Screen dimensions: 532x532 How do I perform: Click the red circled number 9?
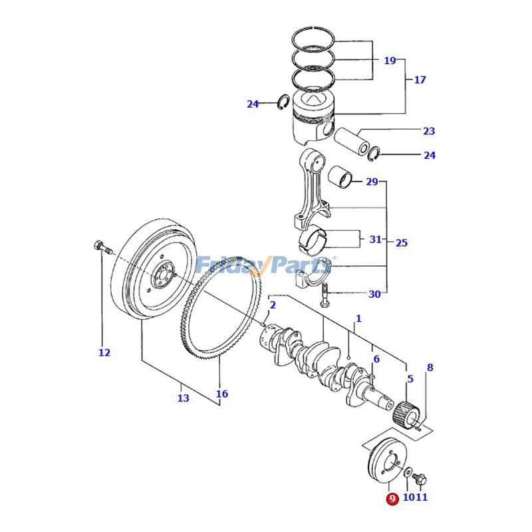point(392,498)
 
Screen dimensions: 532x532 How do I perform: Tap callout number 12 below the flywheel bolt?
point(104,352)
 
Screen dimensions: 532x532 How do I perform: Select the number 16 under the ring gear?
point(221,394)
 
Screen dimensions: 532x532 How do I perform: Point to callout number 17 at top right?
point(420,80)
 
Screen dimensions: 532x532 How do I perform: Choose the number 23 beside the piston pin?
point(429,131)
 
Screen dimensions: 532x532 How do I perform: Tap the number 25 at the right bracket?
point(402,243)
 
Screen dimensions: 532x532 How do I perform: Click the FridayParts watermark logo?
point(263,266)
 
